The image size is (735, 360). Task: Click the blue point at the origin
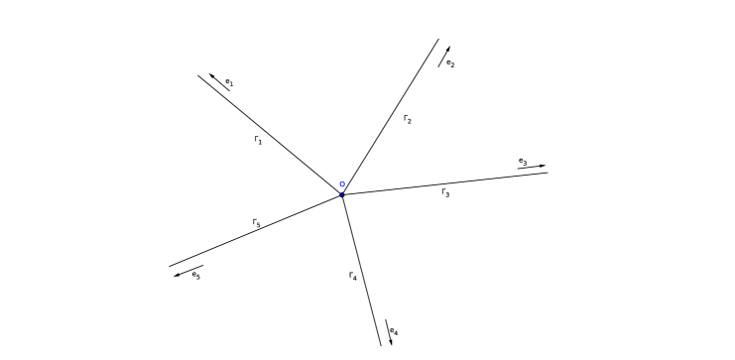(342, 194)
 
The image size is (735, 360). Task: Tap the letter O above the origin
(342, 183)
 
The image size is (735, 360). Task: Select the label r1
(259, 141)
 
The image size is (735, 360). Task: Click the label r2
(408, 119)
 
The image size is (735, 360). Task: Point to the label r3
(445, 191)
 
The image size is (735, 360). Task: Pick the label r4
(353, 276)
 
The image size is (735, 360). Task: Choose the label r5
(256, 224)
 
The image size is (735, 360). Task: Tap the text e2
(450, 62)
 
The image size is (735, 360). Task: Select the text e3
(523, 160)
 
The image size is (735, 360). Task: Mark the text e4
(395, 330)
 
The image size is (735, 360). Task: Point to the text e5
(196, 274)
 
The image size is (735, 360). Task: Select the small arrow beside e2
(444, 56)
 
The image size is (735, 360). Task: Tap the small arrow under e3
(531, 167)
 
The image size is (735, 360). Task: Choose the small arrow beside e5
(188, 271)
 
